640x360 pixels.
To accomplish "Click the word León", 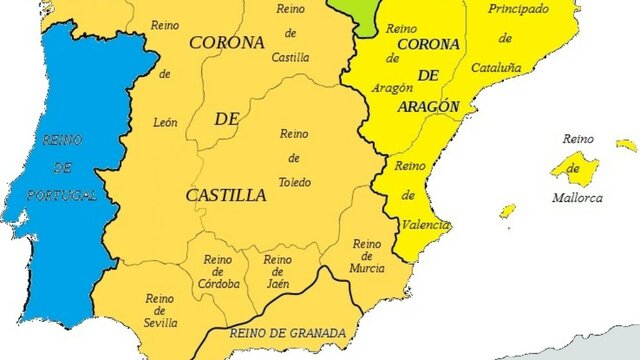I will (166, 122).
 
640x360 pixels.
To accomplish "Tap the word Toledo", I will (295, 182).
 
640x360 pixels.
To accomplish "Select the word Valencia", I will (419, 225).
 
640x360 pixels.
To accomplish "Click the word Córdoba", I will (219, 284).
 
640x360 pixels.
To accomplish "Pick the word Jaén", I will (277, 284).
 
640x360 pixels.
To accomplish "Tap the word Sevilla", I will (160, 322).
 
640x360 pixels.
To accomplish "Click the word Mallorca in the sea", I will (578, 198).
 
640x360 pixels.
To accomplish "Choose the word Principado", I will (518, 8).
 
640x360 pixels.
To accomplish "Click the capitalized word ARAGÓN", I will (426, 106).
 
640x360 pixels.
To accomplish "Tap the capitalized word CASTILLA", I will (226, 194).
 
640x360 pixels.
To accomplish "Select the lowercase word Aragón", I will (392, 88).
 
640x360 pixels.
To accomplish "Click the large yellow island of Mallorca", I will (575, 166).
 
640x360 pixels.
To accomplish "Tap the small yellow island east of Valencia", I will (508, 211).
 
